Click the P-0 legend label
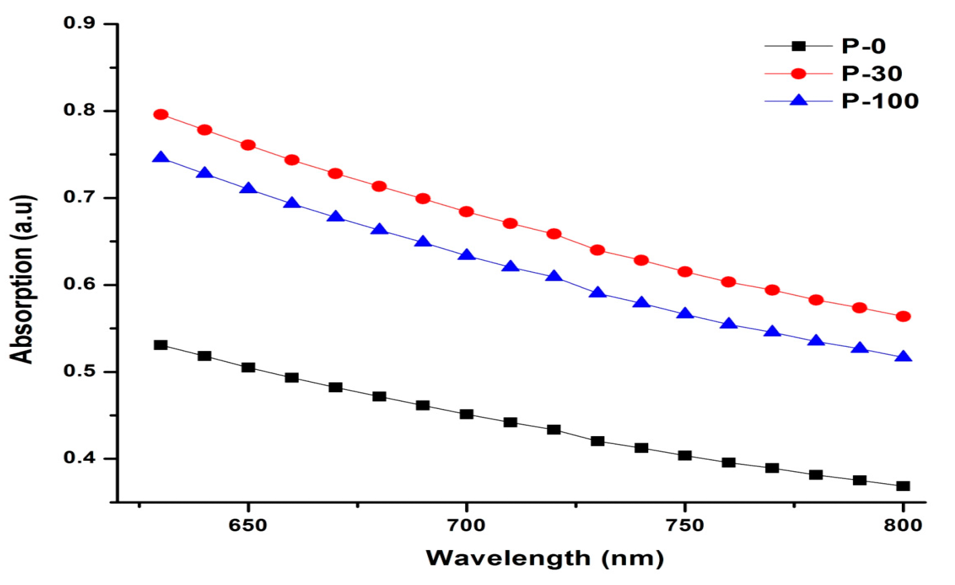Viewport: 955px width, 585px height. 864,46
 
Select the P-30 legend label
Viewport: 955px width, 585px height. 871,74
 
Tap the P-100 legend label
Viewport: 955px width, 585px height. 880,101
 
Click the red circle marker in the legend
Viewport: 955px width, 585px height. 799,74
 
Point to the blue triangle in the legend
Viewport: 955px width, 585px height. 799,100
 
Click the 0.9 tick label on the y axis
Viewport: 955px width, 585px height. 79,23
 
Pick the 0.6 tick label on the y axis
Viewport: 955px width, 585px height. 79,284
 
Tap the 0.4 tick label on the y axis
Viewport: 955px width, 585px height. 79,458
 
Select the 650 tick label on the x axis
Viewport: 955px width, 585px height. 248,525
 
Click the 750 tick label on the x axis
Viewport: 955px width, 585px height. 685,525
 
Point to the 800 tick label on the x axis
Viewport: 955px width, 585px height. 903,525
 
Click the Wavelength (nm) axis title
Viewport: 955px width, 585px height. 544,558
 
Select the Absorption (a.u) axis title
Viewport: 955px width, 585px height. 22,279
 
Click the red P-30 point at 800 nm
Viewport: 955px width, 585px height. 903,317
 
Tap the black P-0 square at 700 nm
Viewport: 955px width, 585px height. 466,414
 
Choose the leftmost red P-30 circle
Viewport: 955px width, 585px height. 161,114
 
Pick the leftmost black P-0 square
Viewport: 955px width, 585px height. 161,345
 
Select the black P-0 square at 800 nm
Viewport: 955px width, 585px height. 903,486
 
